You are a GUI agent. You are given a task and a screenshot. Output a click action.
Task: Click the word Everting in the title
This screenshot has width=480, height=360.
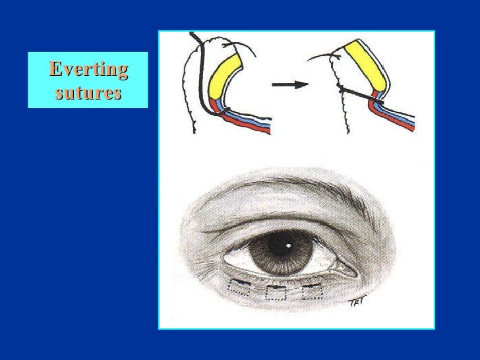pyautogui.click(x=88, y=69)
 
